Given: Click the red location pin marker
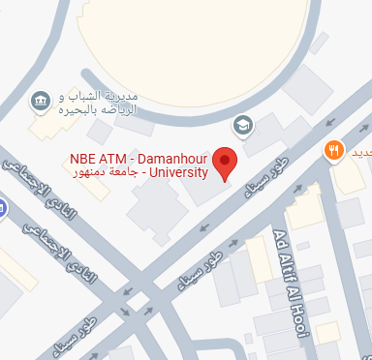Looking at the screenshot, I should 225,162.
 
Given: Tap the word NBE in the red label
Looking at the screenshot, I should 82,158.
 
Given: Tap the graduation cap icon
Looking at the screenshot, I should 242,124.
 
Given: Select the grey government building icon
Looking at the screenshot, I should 41,101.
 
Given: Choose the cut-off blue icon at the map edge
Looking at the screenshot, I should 3,206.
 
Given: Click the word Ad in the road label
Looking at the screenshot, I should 281,240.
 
